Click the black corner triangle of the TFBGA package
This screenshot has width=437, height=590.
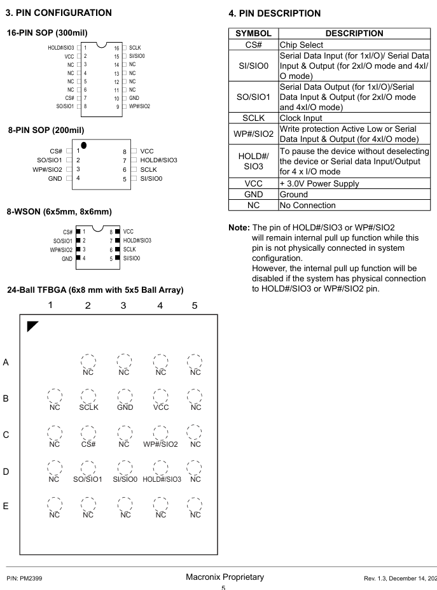pyautogui.click(x=31, y=327)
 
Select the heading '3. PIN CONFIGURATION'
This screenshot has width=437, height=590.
pyautogui.click(x=59, y=12)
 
